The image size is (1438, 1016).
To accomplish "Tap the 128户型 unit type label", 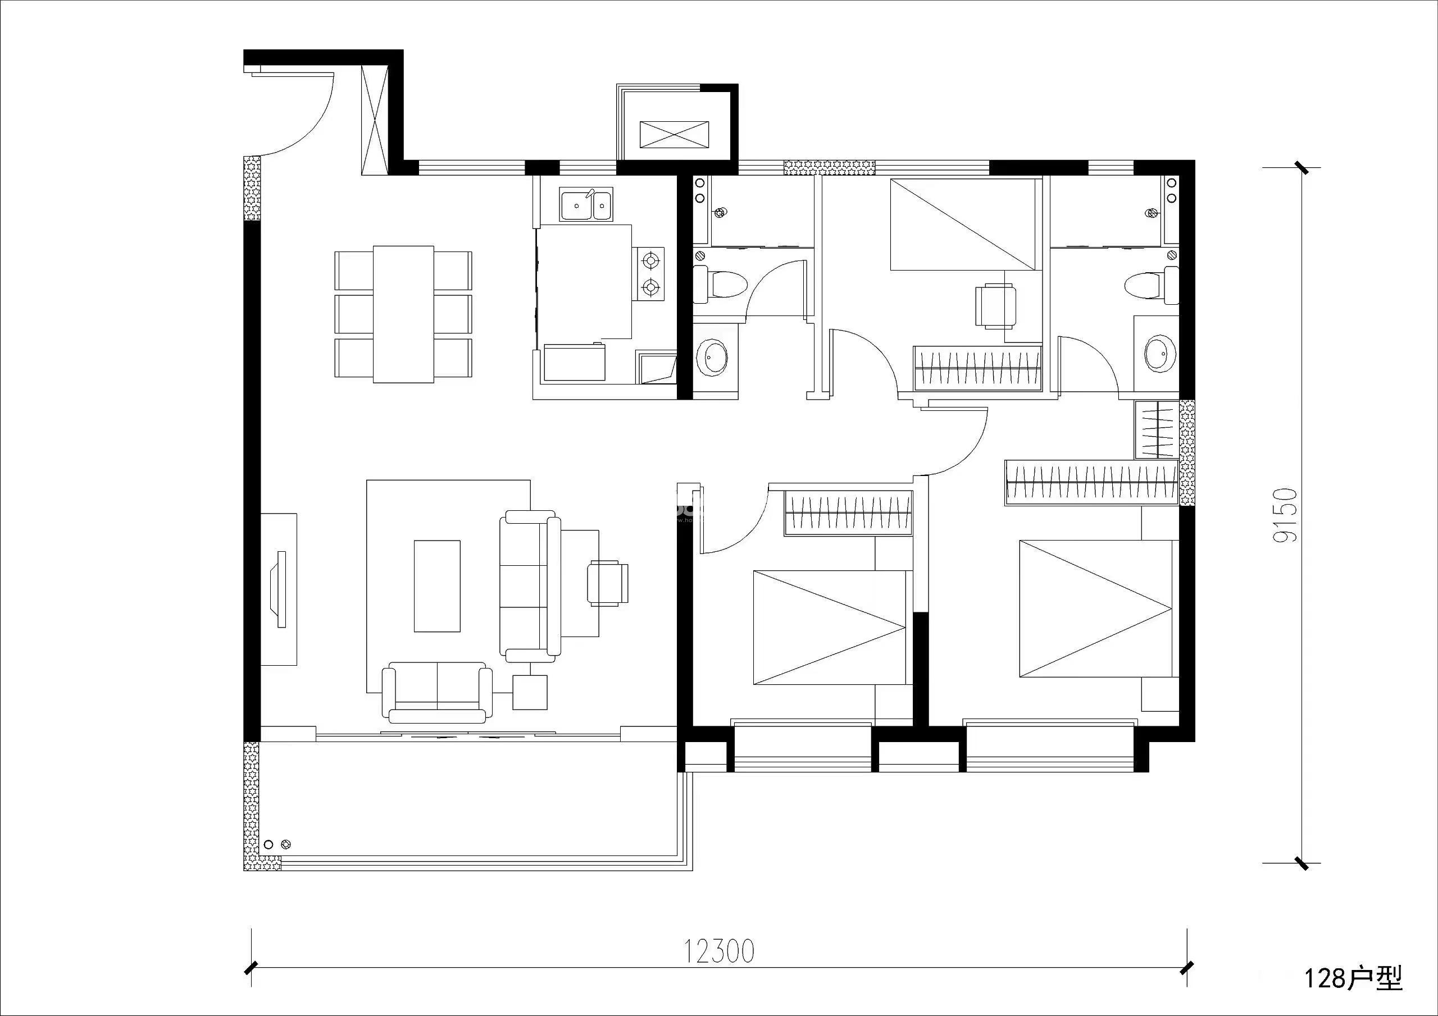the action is tap(1353, 978).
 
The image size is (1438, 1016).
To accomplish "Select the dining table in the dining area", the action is tap(404, 314).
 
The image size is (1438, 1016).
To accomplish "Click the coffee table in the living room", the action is tap(437, 586).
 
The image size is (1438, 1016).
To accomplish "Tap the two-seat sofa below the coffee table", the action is tap(437, 692).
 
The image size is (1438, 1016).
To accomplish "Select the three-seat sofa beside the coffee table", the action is tap(530, 586).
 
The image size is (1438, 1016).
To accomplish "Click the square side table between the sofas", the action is tap(530, 692).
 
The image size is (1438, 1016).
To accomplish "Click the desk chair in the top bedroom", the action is tap(996, 305).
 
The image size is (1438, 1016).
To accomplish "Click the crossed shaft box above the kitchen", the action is tap(674, 135).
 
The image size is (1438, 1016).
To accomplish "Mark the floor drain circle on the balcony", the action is tap(286, 844).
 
